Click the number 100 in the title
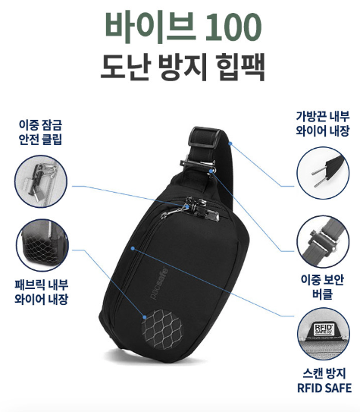[233, 28]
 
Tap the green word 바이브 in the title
[150, 28]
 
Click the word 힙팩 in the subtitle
[240, 67]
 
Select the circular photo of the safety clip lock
[41, 181]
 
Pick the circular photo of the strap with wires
[323, 173]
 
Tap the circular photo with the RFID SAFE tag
[324, 334]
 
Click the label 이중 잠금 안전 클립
[40, 132]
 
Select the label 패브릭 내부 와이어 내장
[42, 292]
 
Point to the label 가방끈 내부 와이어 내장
[323, 124]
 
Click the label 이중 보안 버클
[322, 287]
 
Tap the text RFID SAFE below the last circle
[324, 388]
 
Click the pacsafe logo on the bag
[159, 283]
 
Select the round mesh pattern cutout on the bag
[161, 329]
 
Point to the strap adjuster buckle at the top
[205, 136]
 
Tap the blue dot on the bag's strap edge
[230, 143]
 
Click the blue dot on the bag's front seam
[133, 248]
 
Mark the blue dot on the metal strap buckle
[211, 171]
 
